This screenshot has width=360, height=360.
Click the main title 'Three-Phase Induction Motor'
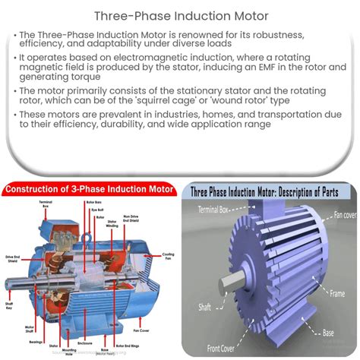(179, 14)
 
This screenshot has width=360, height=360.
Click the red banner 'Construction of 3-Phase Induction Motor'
(90, 189)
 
